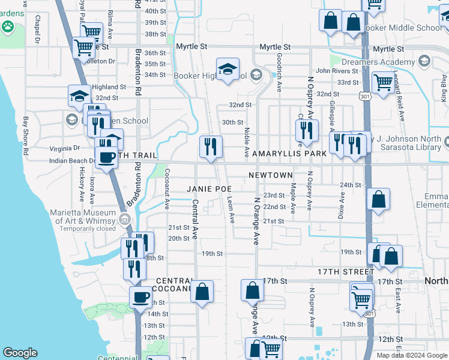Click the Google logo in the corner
(x=20, y=353)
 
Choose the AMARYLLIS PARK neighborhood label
(x=289, y=154)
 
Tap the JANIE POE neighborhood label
(x=209, y=188)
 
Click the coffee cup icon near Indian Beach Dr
(x=107, y=157)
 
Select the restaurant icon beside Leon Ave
(x=211, y=146)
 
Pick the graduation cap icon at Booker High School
(x=228, y=69)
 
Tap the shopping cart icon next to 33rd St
(x=382, y=82)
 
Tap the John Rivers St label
(x=337, y=71)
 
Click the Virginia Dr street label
(x=64, y=147)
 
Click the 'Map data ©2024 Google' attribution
(x=412, y=355)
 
